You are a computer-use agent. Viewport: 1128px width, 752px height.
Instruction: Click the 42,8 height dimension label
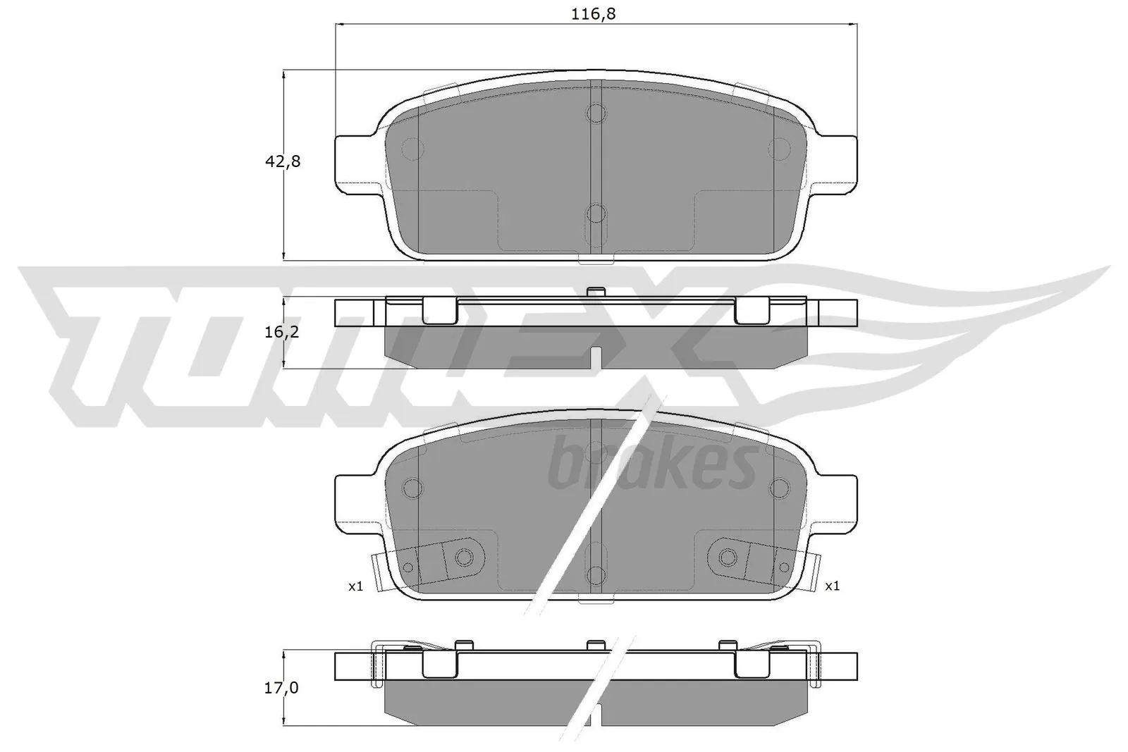[282, 161]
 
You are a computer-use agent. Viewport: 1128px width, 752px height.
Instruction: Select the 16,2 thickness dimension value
[282, 331]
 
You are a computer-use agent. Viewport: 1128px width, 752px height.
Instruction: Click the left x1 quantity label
[355, 586]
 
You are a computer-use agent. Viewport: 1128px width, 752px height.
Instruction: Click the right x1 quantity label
[832, 586]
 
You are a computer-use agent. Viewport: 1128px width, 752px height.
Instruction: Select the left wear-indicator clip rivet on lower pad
[463, 557]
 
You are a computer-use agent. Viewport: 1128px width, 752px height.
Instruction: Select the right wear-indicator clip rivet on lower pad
[728, 557]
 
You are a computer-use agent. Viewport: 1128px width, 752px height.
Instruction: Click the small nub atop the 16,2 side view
[596, 292]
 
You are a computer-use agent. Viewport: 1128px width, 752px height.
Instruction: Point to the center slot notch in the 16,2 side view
[596, 359]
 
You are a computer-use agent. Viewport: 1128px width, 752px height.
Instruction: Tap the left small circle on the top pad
[411, 148]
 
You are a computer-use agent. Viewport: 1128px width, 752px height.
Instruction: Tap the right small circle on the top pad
[779, 148]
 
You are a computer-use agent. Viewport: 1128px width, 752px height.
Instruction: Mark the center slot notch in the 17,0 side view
[596, 716]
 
